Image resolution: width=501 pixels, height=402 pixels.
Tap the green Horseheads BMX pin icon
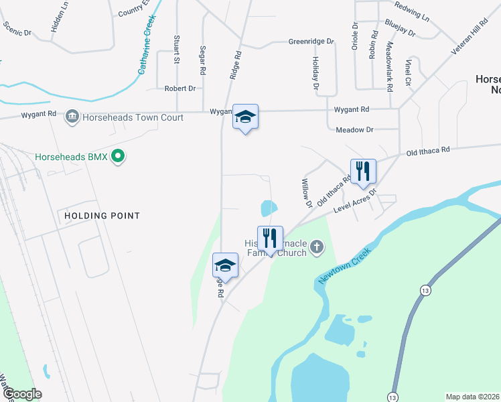(x=119, y=157)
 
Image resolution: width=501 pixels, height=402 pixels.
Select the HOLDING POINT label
(x=102, y=216)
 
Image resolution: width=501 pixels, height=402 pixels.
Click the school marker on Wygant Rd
(x=245, y=117)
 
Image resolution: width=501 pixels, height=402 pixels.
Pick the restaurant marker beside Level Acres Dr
(x=362, y=171)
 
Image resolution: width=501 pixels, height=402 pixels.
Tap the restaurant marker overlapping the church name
(x=270, y=238)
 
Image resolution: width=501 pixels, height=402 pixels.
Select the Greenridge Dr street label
(x=311, y=42)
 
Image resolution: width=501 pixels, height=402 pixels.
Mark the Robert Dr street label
(x=180, y=88)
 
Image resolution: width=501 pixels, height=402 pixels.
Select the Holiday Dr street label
(x=315, y=72)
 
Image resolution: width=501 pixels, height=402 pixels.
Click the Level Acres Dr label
(x=356, y=200)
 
